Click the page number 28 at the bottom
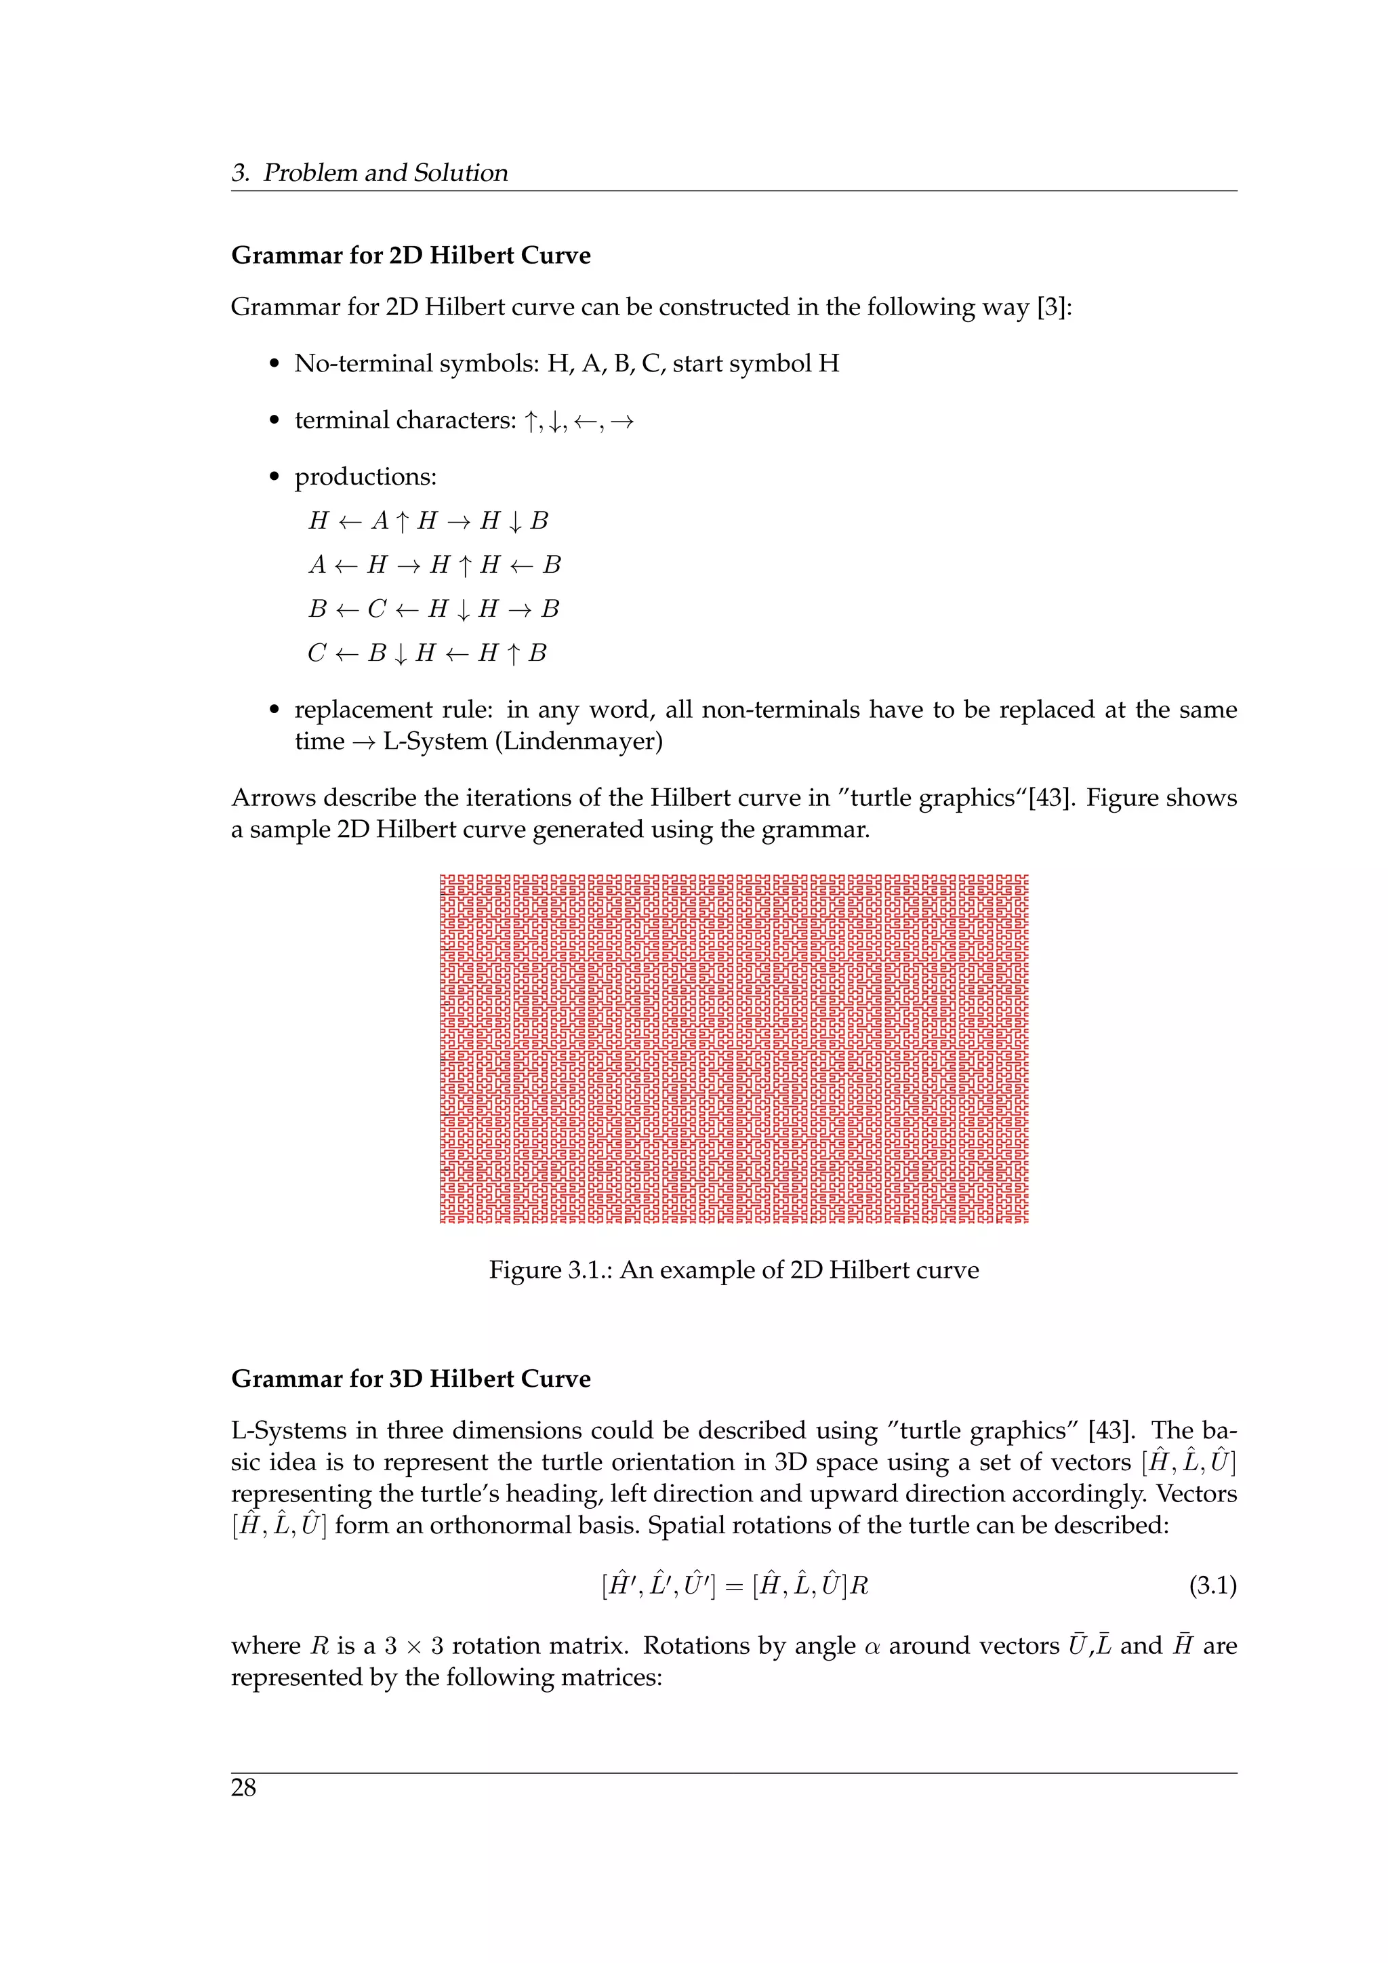click(243, 1787)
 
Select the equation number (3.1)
click(1212, 1587)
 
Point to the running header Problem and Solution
click(384, 173)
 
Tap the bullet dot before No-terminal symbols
click(274, 364)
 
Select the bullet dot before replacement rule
click(274, 710)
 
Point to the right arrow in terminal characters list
click(622, 422)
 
